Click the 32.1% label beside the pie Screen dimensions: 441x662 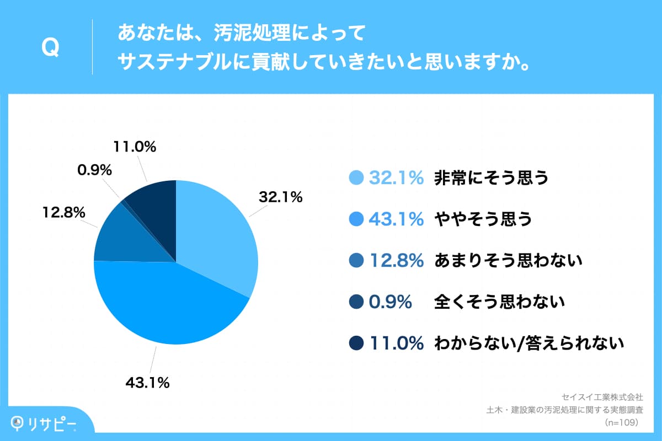click(281, 197)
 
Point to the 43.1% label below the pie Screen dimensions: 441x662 click(148, 382)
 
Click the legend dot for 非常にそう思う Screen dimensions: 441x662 click(356, 178)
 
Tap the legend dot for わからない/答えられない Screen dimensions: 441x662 click(356, 343)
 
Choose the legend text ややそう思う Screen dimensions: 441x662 click(483, 219)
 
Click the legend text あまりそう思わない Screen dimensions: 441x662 click(508, 261)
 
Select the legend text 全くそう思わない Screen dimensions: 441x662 click(500, 302)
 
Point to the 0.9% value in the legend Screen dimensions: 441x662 click(391, 302)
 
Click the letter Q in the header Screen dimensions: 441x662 click(50, 48)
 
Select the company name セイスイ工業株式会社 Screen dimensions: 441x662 click(601, 397)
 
